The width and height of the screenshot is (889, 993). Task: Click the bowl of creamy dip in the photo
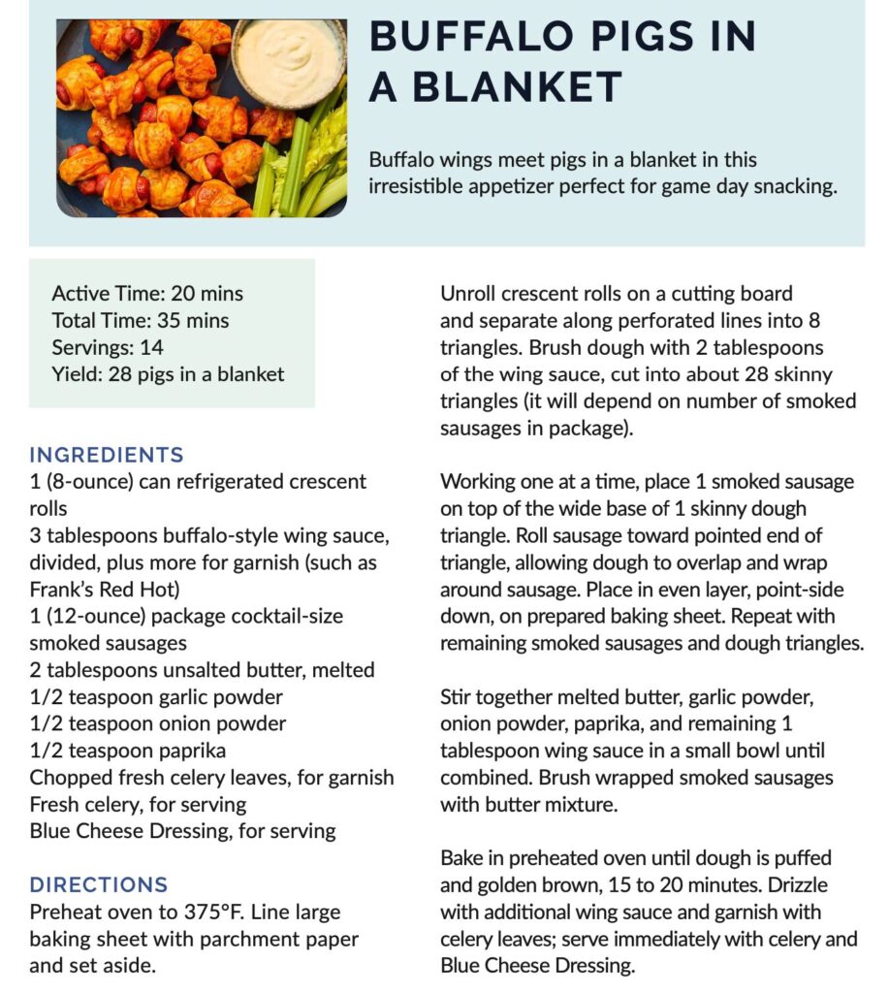click(x=289, y=60)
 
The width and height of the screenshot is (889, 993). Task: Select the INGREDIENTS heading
click(x=107, y=455)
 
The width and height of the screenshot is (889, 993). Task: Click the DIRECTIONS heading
click(x=99, y=884)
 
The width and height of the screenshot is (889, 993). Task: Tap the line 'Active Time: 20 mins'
click(x=147, y=293)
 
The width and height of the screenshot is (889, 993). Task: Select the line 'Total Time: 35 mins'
click(x=141, y=320)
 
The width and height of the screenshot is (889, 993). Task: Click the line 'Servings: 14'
click(x=108, y=347)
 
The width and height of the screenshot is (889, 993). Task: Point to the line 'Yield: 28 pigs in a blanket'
click(x=168, y=374)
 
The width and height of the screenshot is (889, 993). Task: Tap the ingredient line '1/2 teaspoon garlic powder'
click(x=156, y=696)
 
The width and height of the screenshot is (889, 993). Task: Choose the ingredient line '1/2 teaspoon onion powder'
click(x=158, y=723)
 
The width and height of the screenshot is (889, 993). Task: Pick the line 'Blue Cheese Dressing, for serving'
click(x=182, y=831)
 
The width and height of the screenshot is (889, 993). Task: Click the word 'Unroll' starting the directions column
click(x=469, y=293)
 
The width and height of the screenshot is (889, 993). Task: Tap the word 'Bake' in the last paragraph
click(x=461, y=858)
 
